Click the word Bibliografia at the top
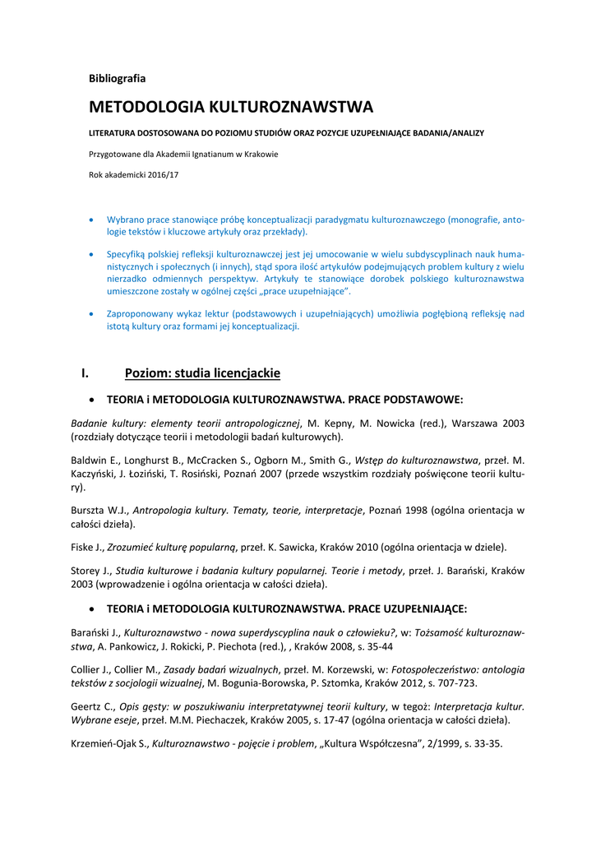point(117,78)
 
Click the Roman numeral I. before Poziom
point(85,373)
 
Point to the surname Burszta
point(88,510)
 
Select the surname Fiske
point(84,547)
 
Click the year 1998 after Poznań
point(424,510)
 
